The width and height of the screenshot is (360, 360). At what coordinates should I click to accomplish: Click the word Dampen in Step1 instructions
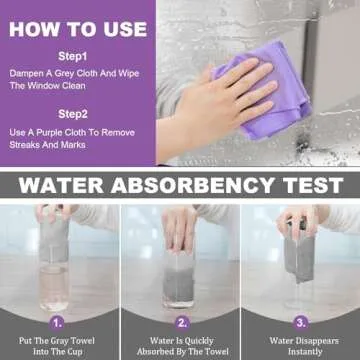coord(29,74)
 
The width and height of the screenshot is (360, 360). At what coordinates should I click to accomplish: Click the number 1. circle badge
coord(58,324)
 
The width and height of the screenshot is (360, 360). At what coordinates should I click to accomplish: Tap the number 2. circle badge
coord(181,324)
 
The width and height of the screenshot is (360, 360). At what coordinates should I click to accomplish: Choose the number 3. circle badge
coord(300,324)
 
